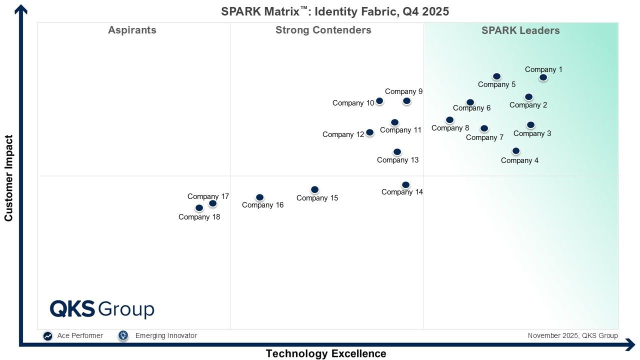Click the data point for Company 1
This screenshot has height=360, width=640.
[x=543, y=77]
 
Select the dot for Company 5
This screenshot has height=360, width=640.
[x=496, y=76]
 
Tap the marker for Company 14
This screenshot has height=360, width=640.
[x=405, y=185]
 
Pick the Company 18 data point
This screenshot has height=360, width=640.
[x=199, y=208]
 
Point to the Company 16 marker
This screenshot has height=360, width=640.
[x=259, y=197]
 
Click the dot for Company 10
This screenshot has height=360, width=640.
[x=379, y=101]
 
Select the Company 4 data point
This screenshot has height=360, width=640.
[x=516, y=151]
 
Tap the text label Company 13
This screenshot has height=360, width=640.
[x=397, y=160]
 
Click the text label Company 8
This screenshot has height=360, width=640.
[x=450, y=128]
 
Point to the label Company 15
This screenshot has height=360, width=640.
[x=317, y=198]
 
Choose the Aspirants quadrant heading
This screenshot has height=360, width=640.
[x=132, y=30]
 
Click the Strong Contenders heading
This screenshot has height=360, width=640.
[x=323, y=30]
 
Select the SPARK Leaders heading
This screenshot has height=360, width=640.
[x=520, y=30]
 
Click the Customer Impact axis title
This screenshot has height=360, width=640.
[x=8, y=177]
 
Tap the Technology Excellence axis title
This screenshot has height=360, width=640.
[x=325, y=353]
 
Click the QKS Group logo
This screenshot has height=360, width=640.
[x=102, y=309]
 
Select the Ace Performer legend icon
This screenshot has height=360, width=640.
[x=47, y=336]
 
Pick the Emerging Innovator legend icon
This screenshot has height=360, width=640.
[x=123, y=336]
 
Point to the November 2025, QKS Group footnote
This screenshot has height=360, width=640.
[x=572, y=335]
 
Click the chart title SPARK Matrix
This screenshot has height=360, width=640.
[x=335, y=11]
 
